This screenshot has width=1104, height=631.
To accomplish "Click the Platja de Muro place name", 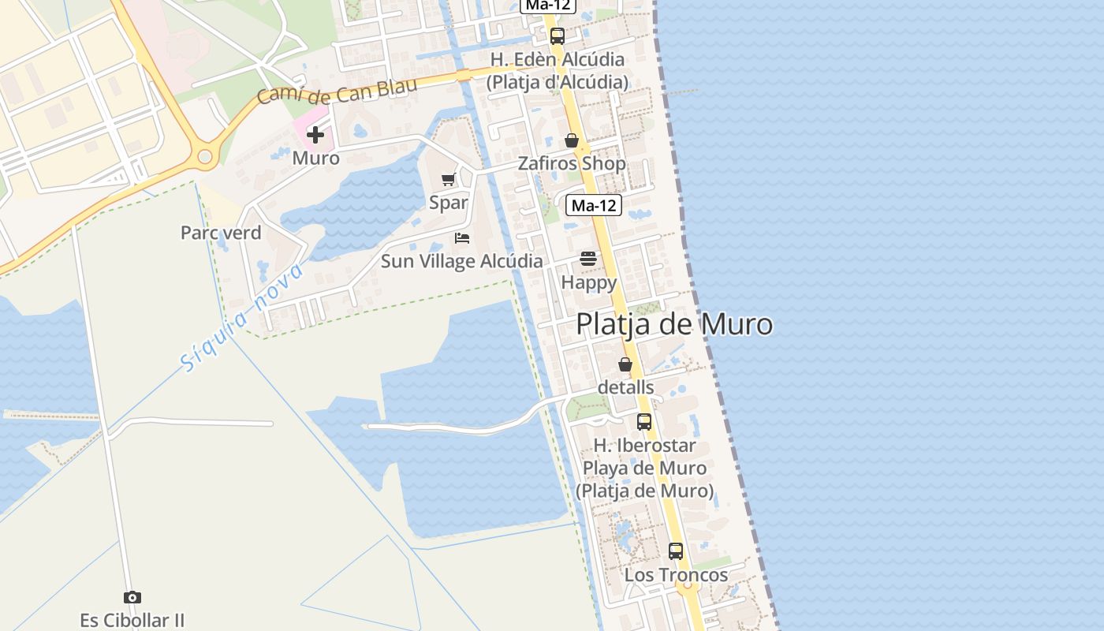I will click(674, 324).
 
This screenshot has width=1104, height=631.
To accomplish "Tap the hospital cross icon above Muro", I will click(315, 135).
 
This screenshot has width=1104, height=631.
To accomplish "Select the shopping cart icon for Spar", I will click(449, 180).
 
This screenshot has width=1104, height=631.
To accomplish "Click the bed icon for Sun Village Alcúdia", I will click(462, 237).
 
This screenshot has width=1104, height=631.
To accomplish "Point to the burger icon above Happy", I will click(588, 258).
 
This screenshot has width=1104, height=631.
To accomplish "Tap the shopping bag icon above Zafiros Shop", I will click(572, 140).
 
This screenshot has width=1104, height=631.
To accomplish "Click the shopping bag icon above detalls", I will click(625, 364).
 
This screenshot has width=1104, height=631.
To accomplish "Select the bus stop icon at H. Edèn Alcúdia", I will click(558, 35).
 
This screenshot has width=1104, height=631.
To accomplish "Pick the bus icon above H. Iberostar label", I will click(644, 422).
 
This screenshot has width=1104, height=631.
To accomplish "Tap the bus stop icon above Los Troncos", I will click(676, 551).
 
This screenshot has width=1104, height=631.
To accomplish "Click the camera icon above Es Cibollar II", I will click(132, 597).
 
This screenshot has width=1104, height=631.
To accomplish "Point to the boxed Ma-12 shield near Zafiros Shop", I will click(594, 206).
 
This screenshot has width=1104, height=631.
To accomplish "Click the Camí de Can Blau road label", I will click(337, 92).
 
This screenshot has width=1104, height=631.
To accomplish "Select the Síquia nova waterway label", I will click(241, 317).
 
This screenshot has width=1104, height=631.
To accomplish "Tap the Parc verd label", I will click(221, 233).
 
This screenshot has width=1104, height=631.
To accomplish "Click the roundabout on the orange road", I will click(206, 157).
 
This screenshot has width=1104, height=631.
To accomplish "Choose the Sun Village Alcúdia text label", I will click(462, 261).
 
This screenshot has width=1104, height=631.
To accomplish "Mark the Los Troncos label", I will click(676, 575).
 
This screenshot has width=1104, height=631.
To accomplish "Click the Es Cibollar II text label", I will click(132, 620).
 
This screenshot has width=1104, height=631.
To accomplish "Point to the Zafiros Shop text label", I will click(572, 163).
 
